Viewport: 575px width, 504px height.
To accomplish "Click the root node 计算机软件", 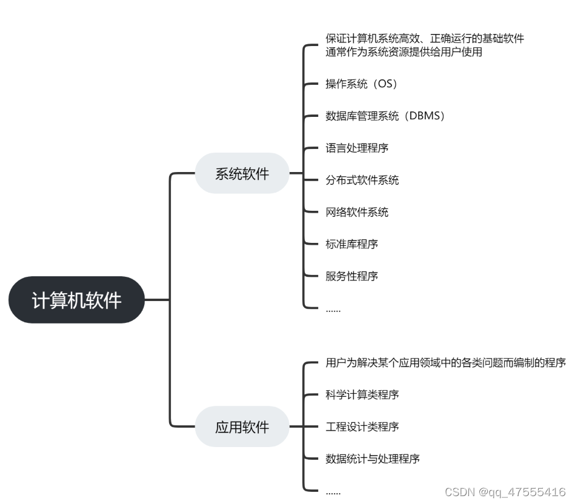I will (x=77, y=300).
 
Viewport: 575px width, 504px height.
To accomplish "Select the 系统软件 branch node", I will (x=242, y=174).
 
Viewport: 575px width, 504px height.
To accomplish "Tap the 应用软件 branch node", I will (x=242, y=427).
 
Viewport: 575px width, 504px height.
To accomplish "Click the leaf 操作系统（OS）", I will (x=362, y=84).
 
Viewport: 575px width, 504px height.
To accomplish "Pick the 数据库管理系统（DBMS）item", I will (x=386, y=116).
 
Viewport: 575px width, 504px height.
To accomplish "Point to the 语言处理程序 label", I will (x=357, y=148).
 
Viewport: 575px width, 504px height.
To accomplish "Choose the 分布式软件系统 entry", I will (x=362, y=180).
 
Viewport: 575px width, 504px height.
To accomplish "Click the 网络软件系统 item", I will (x=357, y=212).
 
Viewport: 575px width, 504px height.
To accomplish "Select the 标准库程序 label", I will (x=351, y=244).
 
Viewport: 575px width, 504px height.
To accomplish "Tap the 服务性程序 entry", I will (x=351, y=276).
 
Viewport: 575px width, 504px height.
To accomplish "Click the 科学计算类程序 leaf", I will (x=362, y=395).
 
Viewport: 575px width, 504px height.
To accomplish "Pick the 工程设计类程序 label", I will (x=362, y=427).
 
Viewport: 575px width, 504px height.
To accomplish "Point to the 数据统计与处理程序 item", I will (x=373, y=459).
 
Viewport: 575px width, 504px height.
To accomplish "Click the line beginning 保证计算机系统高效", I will (x=424, y=39).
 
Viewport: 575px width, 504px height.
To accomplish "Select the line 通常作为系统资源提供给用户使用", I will (x=404, y=52).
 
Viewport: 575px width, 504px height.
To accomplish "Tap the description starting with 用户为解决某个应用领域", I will (x=445, y=363).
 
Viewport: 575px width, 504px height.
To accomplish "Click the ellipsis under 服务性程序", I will (x=333, y=310).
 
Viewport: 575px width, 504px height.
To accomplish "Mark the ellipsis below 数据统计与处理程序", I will (x=333, y=492).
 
